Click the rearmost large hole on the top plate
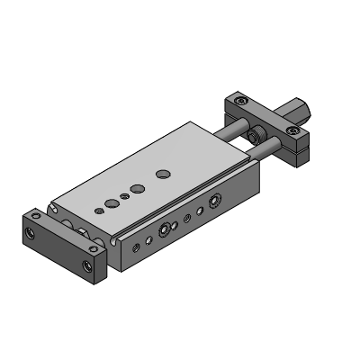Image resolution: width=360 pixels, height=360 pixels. point(163,171)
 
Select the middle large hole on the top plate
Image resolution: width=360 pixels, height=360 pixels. point(138,188)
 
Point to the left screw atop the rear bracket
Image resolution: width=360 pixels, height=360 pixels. point(239,102)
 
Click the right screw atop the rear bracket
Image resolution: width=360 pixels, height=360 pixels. point(293,131)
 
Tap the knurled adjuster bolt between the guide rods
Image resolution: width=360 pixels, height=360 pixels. point(258,136)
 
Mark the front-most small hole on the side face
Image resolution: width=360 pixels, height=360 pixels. point(136,247)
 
